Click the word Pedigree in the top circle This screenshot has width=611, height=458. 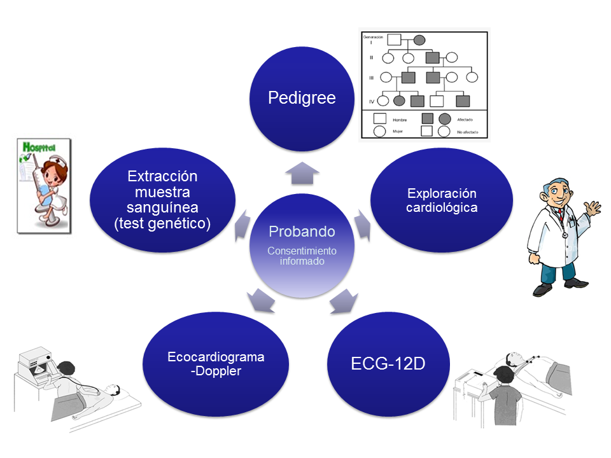coord(302,97)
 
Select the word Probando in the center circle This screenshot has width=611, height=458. coord(302,231)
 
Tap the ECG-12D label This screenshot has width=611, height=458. coord(388,364)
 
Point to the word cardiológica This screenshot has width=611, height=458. coord(442,207)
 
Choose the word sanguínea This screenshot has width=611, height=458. coord(162,207)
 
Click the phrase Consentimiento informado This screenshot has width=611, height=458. coord(302,256)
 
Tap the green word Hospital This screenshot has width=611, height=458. coord(39,147)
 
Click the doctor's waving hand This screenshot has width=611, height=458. coord(593,209)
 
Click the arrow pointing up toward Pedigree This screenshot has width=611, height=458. coord(302,172)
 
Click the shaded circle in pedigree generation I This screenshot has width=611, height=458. coord(420,39)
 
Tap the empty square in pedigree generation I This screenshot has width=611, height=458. coord(395,39)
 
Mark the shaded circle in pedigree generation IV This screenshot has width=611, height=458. coord(400,101)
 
